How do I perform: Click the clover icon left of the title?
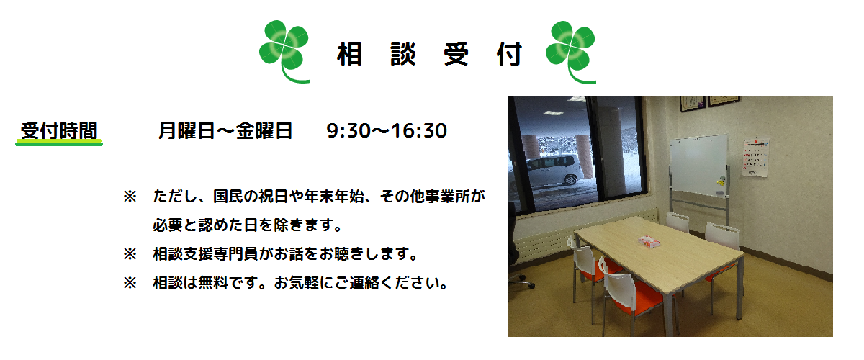tap(284, 51)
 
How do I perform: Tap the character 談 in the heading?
tap(402, 55)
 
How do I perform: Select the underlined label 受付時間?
tap(59, 130)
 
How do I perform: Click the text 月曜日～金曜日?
tap(225, 130)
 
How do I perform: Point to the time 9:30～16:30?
tap(387, 131)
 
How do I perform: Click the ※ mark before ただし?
tap(130, 197)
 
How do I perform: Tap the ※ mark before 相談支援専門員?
tap(130, 254)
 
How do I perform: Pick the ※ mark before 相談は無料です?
tap(130, 283)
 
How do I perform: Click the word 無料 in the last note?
tap(213, 283)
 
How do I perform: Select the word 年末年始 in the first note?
tap(334, 197)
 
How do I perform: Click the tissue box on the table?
tap(649, 241)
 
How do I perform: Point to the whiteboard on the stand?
tap(699, 166)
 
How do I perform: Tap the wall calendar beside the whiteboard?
tap(755, 158)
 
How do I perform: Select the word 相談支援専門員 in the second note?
tap(206, 254)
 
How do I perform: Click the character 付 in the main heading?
tap(509, 55)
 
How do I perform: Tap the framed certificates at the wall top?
tap(710, 103)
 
